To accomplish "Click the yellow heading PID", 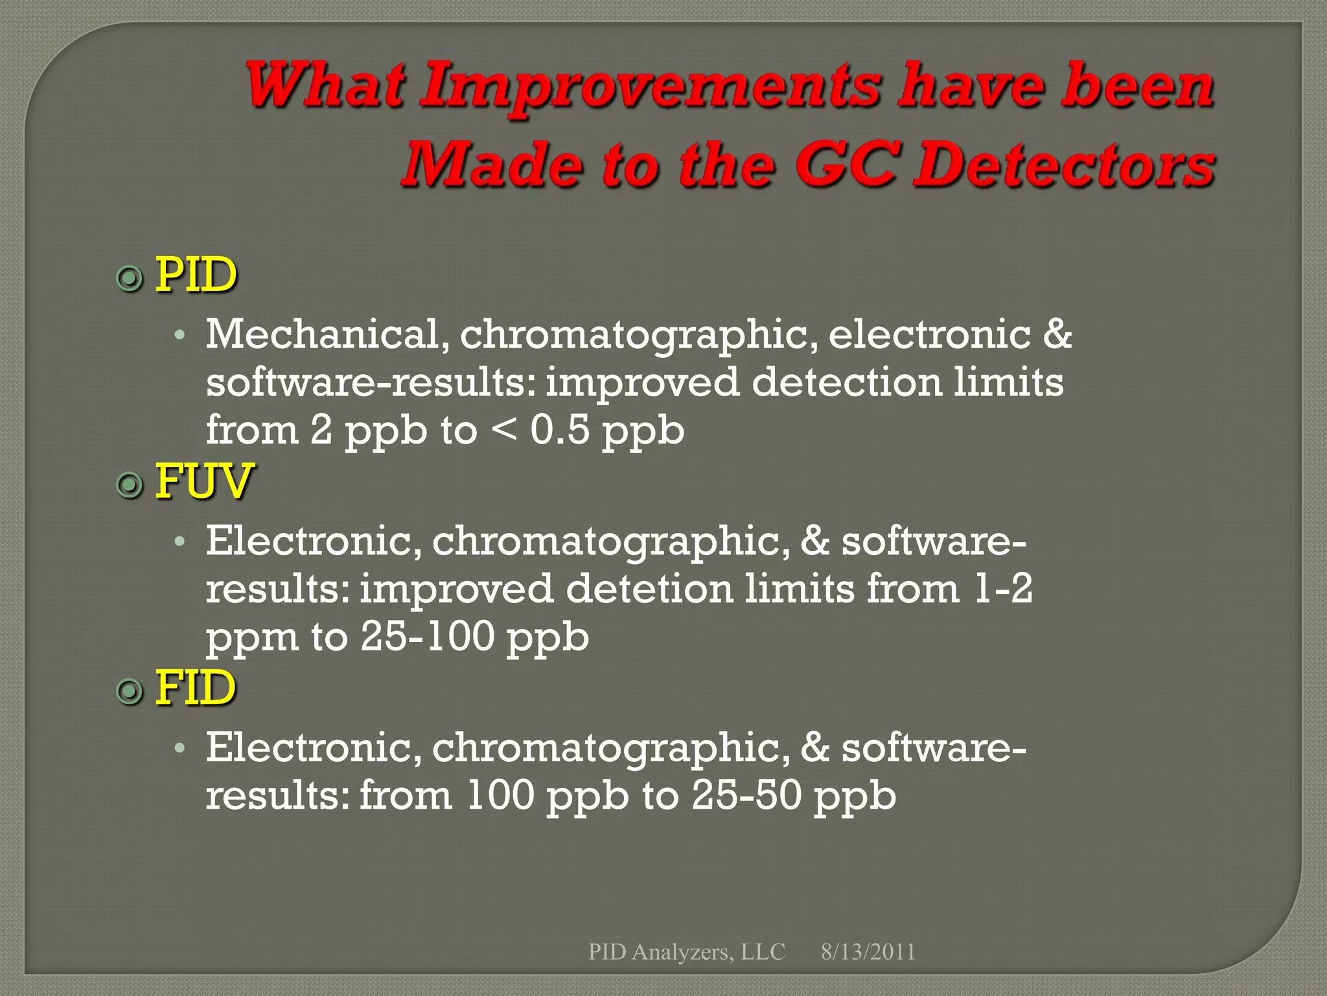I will coord(196,276).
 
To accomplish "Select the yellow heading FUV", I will coord(203,482).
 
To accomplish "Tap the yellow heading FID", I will coord(195,688).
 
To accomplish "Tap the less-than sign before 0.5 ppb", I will coord(505,429).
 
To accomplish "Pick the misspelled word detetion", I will coord(649,589).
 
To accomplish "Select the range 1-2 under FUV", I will coord(1003,589).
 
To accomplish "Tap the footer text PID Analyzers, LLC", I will coord(686,951).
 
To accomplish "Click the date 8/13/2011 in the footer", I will coord(868,951).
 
